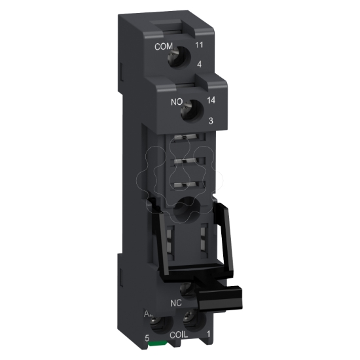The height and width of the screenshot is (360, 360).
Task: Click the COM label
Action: [x=163, y=47]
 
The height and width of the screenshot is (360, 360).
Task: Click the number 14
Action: [x=211, y=101]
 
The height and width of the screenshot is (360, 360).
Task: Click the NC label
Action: [x=175, y=302]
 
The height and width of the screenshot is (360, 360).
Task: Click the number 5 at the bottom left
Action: [x=149, y=338]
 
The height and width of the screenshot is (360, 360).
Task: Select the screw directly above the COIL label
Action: [x=190, y=321]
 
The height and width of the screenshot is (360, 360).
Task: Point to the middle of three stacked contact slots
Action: [x=189, y=161]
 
